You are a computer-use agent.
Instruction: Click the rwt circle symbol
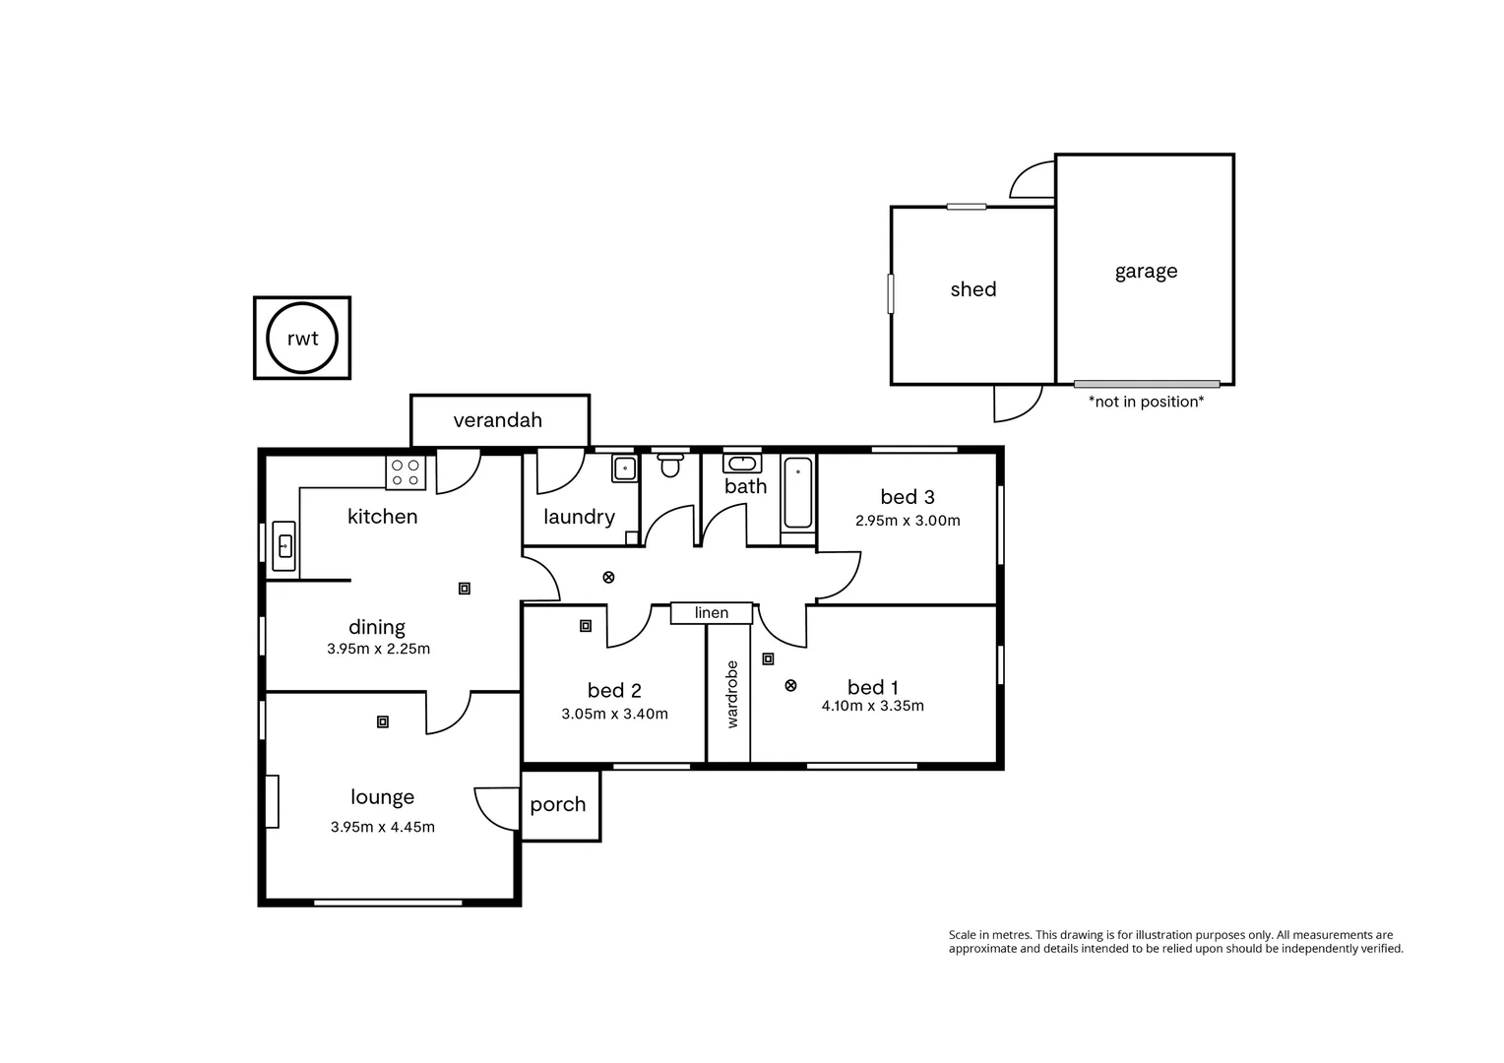point(302,339)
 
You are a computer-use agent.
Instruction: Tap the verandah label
point(498,420)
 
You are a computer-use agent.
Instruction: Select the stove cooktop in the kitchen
point(406,473)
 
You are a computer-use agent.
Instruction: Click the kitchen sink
point(284,545)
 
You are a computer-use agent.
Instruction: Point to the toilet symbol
point(670,465)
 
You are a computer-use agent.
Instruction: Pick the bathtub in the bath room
point(797,492)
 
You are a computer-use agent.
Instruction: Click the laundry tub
point(625,469)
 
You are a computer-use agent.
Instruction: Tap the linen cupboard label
point(712,613)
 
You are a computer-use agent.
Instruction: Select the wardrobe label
point(731,694)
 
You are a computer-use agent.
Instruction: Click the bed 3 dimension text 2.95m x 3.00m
point(908,521)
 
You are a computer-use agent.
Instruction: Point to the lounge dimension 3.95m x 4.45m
point(383,827)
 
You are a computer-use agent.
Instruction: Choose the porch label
point(558,804)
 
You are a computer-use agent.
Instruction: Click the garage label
point(1146,272)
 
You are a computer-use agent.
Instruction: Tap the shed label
point(973,289)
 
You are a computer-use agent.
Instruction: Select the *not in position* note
point(1146,402)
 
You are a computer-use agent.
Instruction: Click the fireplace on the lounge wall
point(272,801)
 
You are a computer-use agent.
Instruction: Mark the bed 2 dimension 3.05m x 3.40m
point(614,714)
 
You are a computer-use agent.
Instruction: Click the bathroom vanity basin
point(741,464)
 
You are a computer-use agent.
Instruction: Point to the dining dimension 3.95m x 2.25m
point(379,649)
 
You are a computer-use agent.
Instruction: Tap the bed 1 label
point(873,687)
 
